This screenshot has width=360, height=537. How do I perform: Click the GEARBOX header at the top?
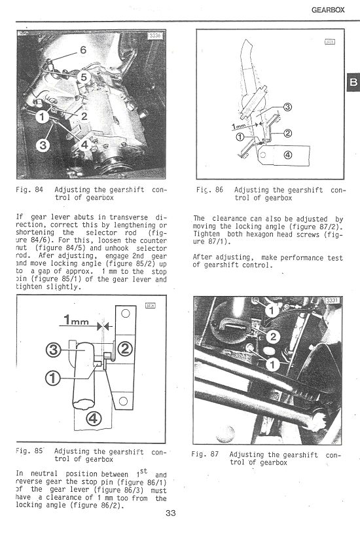point(330,10)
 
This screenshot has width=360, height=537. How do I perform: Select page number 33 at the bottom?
point(171,513)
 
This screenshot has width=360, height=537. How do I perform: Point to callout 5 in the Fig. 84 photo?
point(83,77)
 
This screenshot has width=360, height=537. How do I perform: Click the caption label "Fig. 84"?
point(29,190)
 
